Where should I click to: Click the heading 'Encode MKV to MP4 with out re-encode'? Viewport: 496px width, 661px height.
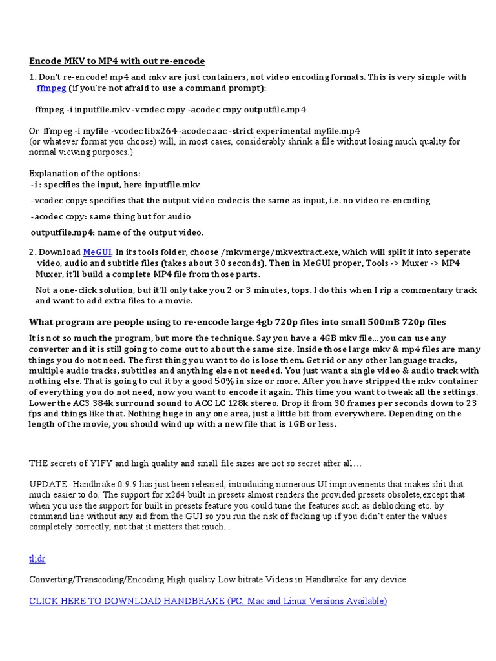click(117, 61)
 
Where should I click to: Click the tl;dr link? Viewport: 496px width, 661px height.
click(37, 558)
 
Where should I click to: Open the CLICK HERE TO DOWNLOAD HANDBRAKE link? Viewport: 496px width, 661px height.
click(208, 601)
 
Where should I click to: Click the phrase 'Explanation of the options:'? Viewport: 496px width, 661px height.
click(85, 174)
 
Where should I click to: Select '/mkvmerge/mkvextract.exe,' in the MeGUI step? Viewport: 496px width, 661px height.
click(274, 252)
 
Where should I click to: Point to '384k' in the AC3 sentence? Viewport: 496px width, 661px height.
click(95, 403)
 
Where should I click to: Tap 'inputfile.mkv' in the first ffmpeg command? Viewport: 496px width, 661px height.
click(97, 108)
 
